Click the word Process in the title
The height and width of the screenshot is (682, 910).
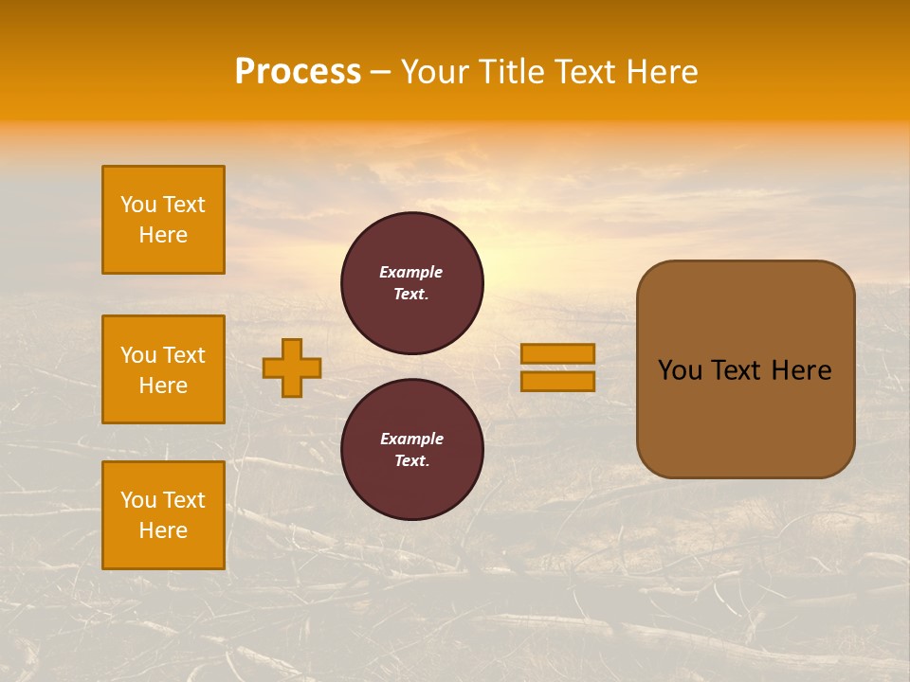[298, 72]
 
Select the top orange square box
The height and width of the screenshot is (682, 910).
[163, 220]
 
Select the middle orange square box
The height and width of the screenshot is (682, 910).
[163, 369]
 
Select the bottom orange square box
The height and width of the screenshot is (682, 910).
[163, 515]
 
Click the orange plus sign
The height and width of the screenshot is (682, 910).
[292, 368]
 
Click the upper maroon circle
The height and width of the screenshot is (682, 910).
[411, 283]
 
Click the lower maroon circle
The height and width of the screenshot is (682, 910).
[411, 450]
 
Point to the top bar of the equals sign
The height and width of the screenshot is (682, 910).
[557, 353]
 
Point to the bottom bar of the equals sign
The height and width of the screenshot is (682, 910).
[557, 382]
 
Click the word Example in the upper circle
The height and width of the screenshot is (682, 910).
[411, 272]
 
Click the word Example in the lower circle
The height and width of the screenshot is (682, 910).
[411, 439]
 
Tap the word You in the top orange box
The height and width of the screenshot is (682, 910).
[137, 205]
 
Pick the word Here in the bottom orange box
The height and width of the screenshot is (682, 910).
[163, 530]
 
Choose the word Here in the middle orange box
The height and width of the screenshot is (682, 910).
[163, 386]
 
